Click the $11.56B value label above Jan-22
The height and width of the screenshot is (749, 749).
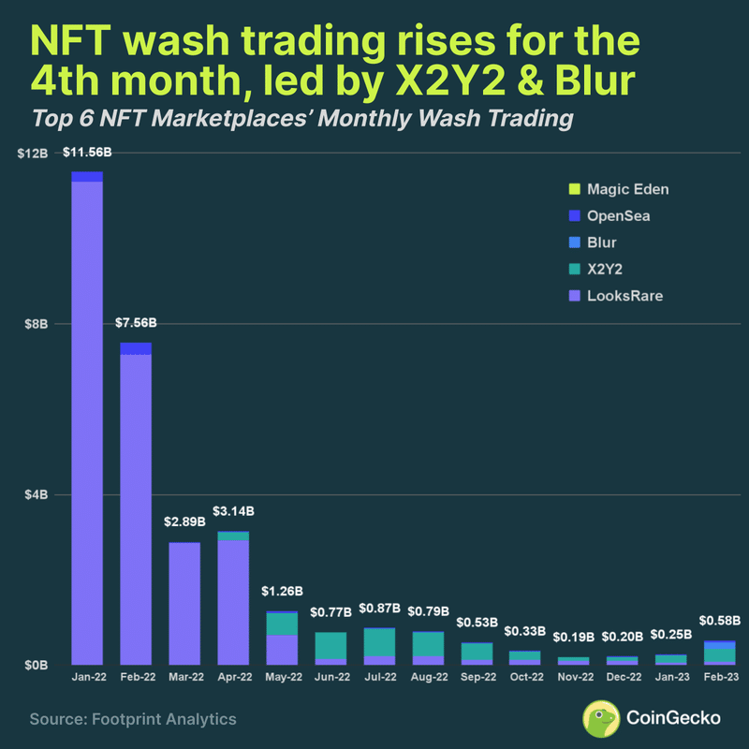[87, 152]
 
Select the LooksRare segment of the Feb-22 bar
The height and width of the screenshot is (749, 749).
[136, 506]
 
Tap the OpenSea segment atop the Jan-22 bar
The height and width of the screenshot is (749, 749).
[87, 177]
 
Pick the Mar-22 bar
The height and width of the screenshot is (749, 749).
[184, 603]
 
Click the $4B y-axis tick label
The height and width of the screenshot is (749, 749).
[37, 494]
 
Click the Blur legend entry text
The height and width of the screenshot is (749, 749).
[602, 242]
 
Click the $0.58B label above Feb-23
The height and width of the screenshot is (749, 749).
[721, 620]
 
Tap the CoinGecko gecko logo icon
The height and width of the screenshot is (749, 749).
[602, 718]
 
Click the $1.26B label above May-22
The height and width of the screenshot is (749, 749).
[283, 591]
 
